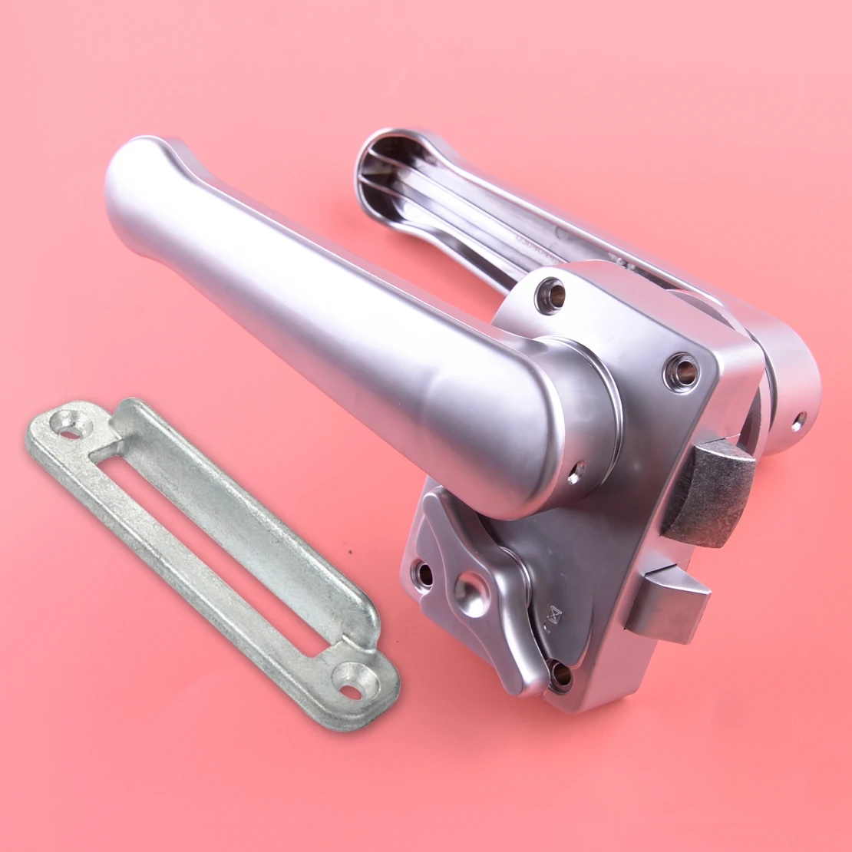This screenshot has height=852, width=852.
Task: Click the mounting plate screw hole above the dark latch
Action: pyautogui.click(x=682, y=372)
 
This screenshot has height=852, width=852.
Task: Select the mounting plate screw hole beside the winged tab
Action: pyautogui.click(x=423, y=573)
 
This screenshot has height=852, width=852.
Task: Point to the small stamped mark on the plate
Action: pyautogui.click(x=555, y=615)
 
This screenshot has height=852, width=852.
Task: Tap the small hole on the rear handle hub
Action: pyautogui.click(x=798, y=420)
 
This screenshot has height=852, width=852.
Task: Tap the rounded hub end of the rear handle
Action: pyautogui.click(x=791, y=391)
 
